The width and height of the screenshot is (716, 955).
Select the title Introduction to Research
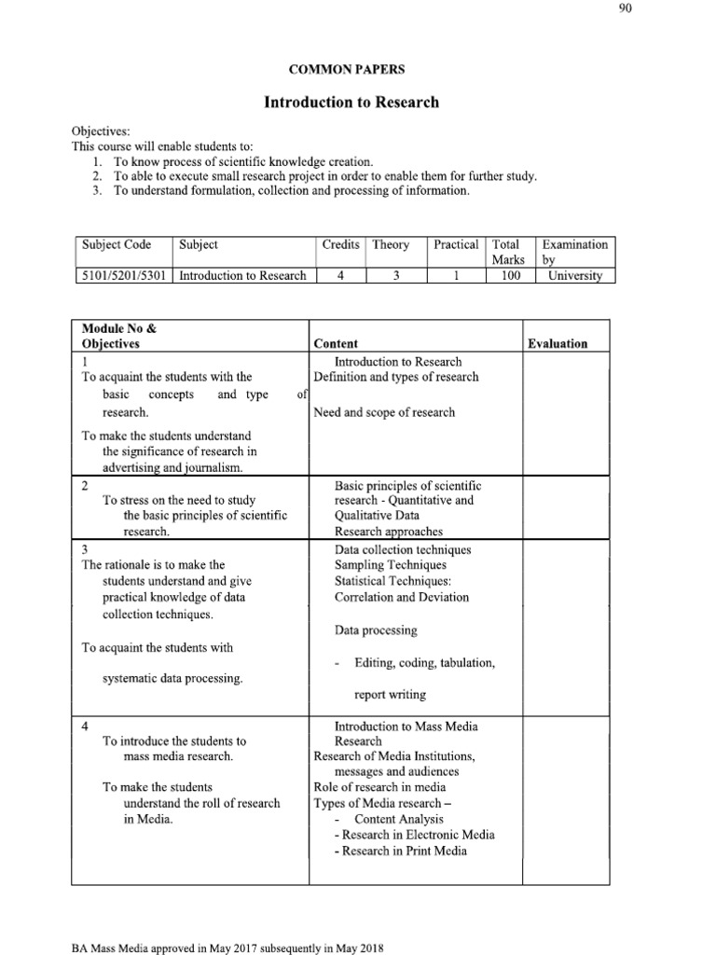(351, 102)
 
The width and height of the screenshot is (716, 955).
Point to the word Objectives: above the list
(102, 131)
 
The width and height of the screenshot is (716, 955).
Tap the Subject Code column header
(116, 244)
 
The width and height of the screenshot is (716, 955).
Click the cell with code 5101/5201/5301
(124, 275)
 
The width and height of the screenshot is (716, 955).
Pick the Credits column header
(340, 244)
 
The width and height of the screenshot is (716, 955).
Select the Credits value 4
(340, 275)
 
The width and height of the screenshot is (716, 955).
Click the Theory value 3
(395, 275)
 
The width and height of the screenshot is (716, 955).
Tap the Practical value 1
(456, 275)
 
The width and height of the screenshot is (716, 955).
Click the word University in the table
(575, 275)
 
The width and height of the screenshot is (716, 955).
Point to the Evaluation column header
(558, 343)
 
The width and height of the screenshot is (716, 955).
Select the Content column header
(336, 343)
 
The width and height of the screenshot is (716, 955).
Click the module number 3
(85, 549)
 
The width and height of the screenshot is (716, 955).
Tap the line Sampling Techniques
(391, 565)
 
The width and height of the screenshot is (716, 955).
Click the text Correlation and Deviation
(402, 597)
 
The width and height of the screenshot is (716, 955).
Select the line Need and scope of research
(384, 412)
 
